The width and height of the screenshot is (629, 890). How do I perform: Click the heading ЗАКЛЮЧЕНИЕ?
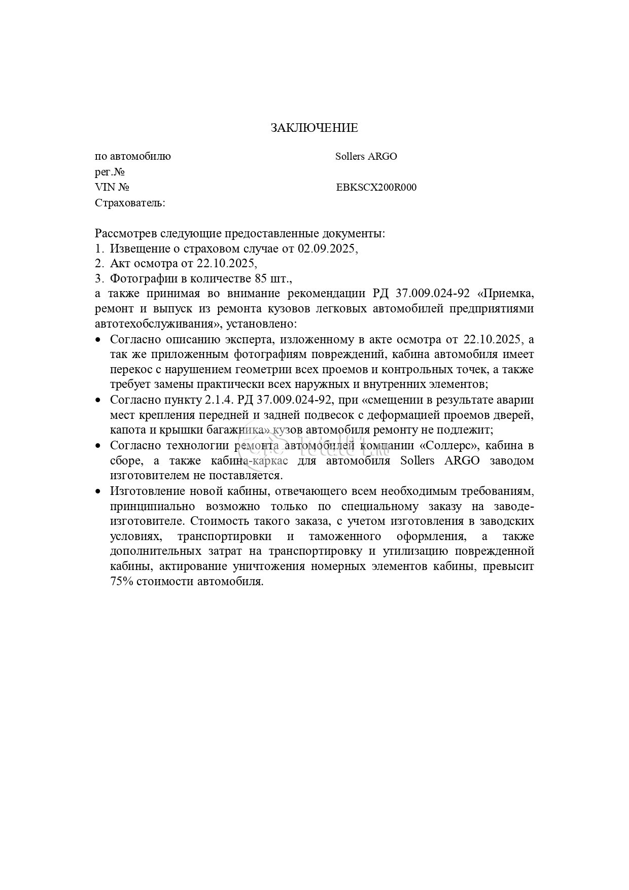(314, 128)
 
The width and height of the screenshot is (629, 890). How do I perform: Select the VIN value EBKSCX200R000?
(376, 188)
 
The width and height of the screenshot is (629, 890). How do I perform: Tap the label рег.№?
(110, 172)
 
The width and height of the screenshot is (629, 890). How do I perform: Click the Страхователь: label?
(130, 203)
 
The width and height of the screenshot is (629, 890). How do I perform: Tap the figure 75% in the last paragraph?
(121, 582)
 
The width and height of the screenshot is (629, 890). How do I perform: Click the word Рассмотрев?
(125, 234)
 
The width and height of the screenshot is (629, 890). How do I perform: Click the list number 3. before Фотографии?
(99, 278)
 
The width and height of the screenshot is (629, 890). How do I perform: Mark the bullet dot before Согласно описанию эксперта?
(99, 340)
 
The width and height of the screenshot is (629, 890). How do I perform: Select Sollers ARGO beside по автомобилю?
(366, 157)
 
